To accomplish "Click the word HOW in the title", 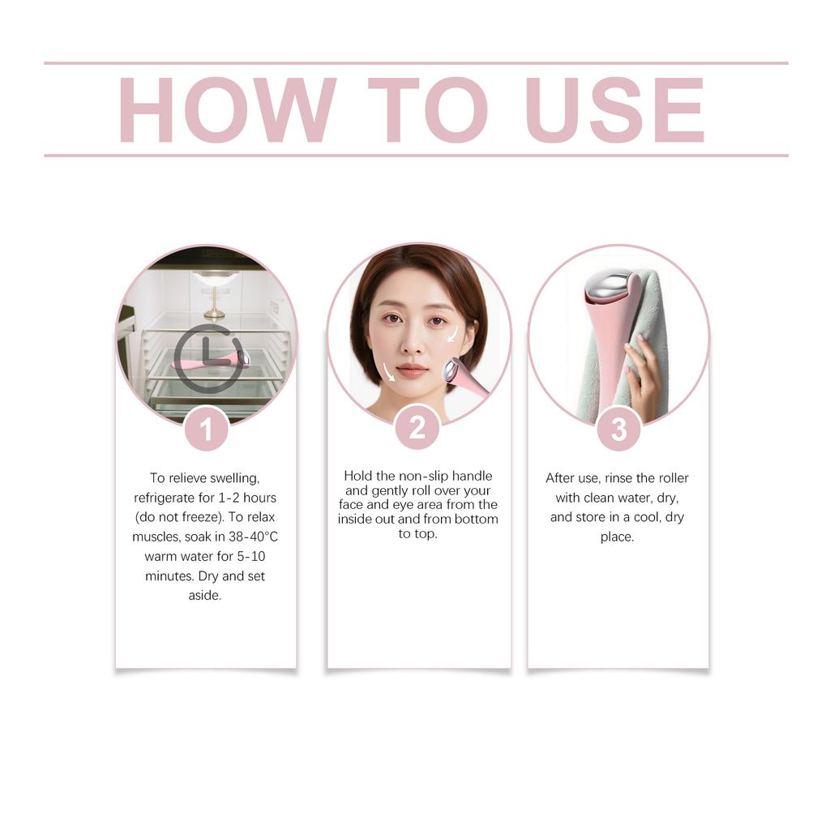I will pyautogui.click(x=227, y=110).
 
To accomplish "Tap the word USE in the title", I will pyautogui.click(x=614, y=110).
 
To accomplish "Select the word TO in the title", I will pyautogui.click(x=427, y=110).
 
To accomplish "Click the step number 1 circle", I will pyautogui.click(x=206, y=429).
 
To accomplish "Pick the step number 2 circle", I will pyautogui.click(x=417, y=427).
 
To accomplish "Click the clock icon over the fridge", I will pyautogui.click(x=207, y=357).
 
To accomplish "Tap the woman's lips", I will pyautogui.click(x=412, y=370).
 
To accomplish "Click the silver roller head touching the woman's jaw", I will pyautogui.click(x=450, y=370).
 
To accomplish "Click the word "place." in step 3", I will pyautogui.click(x=617, y=537).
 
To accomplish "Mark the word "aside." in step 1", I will pyautogui.click(x=205, y=596).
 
